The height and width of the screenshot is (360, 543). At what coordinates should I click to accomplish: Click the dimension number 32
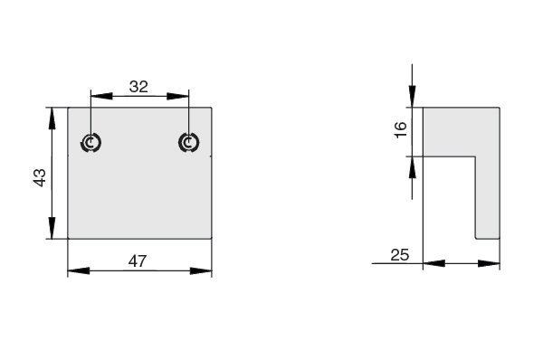click(x=138, y=87)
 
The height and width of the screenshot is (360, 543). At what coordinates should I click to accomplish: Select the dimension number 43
click(x=40, y=177)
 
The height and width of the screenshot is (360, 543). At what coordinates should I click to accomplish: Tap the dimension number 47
click(x=138, y=261)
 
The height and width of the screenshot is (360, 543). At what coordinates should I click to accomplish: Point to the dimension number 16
click(x=400, y=130)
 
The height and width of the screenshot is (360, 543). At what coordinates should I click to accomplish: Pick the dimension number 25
click(x=400, y=255)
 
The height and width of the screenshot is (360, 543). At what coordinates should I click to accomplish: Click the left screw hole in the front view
click(x=90, y=143)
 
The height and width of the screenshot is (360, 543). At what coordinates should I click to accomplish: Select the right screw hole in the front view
click(x=189, y=143)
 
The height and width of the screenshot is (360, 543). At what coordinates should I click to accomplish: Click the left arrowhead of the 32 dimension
click(x=101, y=96)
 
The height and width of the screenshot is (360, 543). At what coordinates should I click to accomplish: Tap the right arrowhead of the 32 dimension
click(x=178, y=96)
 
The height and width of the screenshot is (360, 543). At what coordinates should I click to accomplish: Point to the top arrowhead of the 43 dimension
click(x=52, y=118)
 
